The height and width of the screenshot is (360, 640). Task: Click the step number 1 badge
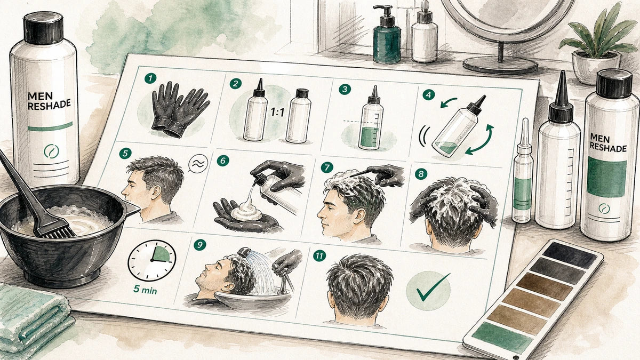pyautogui.click(x=150, y=78)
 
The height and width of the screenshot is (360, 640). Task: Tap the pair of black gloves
pyautogui.click(x=181, y=109)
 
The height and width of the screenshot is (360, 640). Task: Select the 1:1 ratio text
pyautogui.click(x=277, y=113)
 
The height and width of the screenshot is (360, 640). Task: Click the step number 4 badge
pyautogui.click(x=429, y=95)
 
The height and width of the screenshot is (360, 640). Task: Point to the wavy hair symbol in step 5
pyautogui.click(x=198, y=163)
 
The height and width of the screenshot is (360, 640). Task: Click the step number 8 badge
pyautogui.click(x=421, y=174)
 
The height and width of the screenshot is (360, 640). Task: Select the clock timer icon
pyautogui.click(x=151, y=260)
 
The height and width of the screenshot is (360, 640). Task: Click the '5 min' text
pyautogui.click(x=145, y=290)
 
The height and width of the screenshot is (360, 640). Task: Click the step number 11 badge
pyautogui.click(x=319, y=255)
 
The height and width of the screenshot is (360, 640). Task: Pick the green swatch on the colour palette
pyautogui.click(x=502, y=338)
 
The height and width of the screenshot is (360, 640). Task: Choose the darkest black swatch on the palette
pyautogui.click(x=570, y=255)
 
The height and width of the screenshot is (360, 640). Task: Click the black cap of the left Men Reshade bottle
pyautogui.click(x=43, y=28)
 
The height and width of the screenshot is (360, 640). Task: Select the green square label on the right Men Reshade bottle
pyautogui.click(x=606, y=178)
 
